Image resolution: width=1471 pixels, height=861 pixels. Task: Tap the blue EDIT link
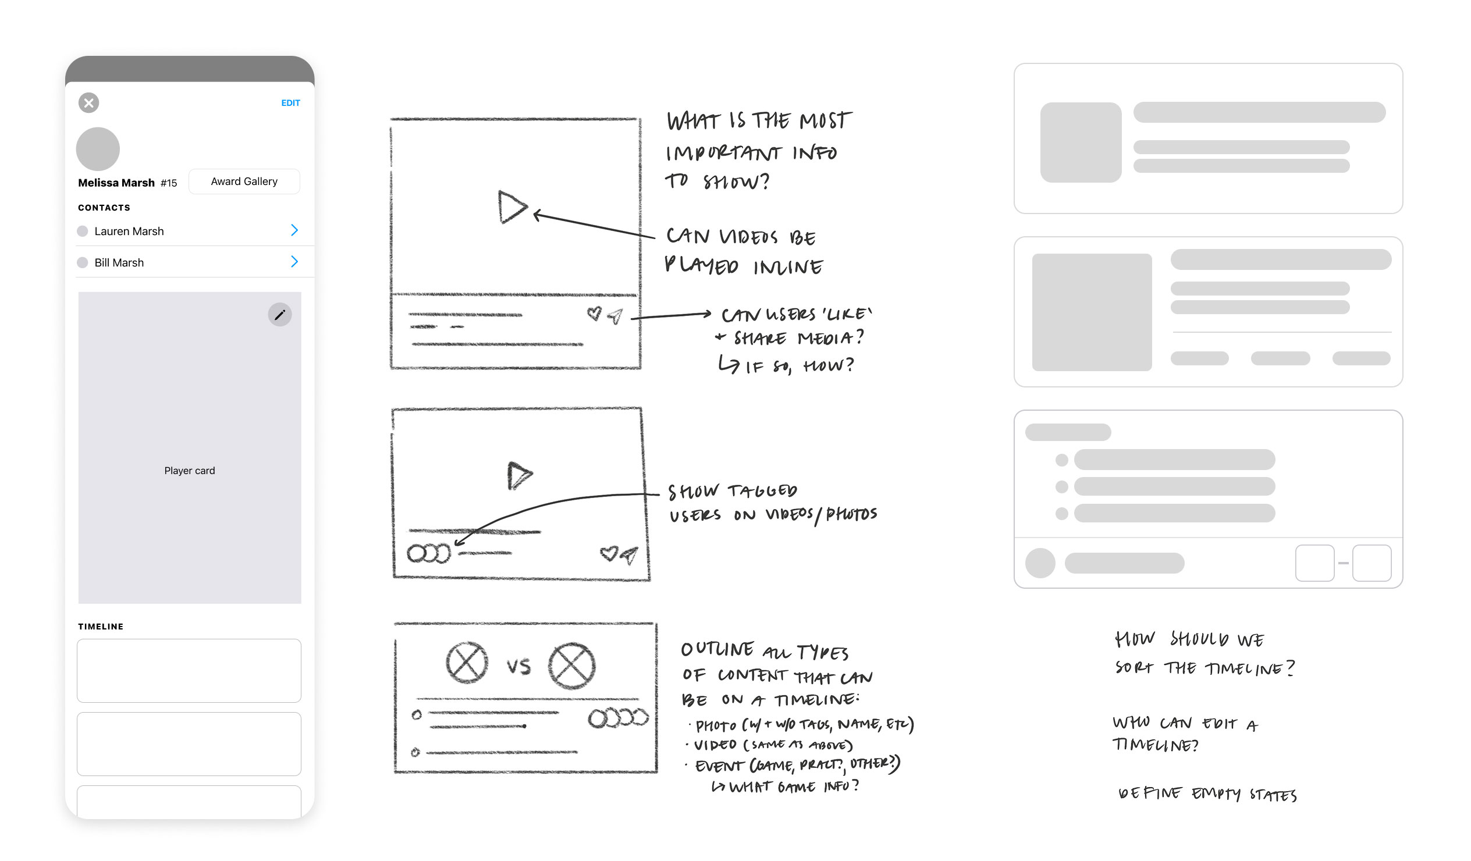(290, 103)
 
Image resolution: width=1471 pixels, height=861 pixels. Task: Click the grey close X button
(88, 103)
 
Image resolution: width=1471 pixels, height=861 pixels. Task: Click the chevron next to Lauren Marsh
(294, 230)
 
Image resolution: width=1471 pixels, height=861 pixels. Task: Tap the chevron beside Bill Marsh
(294, 262)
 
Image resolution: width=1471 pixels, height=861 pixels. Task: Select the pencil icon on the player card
(280, 315)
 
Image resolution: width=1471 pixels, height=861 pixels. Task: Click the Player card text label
(189, 471)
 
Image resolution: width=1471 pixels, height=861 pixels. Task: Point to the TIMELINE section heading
(101, 627)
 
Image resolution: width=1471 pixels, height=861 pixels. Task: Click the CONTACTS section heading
(104, 207)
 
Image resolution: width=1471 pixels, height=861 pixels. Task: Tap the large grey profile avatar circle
(98, 149)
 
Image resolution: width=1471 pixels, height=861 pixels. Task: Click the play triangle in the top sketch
(511, 207)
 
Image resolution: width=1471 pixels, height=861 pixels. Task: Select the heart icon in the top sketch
(594, 314)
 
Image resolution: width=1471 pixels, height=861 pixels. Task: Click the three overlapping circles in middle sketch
(429, 553)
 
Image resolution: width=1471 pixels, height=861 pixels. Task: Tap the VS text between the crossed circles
(518, 666)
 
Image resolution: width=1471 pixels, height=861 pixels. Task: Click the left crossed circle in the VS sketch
(467, 663)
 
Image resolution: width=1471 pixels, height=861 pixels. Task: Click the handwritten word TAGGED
(762, 490)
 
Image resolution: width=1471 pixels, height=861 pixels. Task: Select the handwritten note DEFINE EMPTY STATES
(1207, 794)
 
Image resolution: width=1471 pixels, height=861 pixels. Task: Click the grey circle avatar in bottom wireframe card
(1040, 563)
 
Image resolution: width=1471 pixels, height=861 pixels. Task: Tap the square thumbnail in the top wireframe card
(1081, 143)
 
